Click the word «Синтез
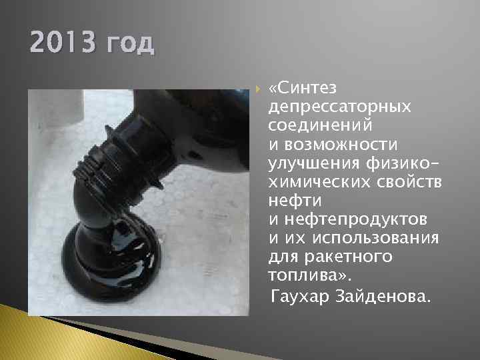(303, 88)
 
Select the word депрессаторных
(339, 107)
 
